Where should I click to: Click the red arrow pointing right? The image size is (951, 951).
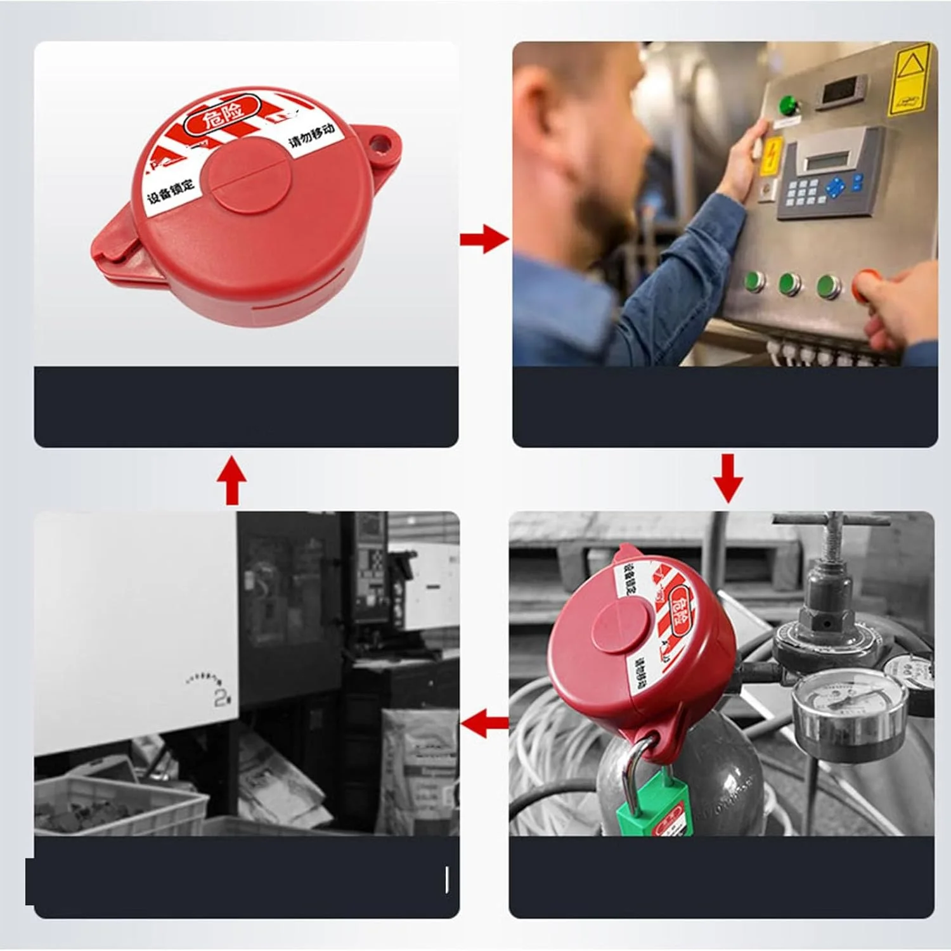pos(484,239)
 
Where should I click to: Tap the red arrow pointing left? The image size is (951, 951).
pos(484,723)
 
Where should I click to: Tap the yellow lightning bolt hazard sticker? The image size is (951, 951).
pos(772,155)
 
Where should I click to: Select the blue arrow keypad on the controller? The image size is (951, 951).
pos(836,186)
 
